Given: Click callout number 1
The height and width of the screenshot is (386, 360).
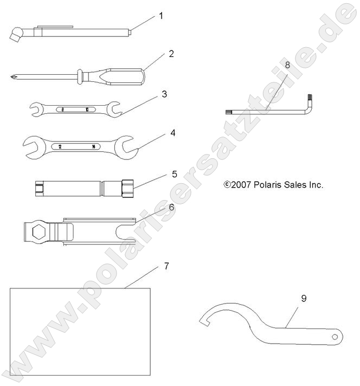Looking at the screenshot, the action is point(160,16).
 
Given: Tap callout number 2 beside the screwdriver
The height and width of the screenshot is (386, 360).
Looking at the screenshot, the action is point(171,54).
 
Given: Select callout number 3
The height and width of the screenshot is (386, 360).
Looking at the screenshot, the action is point(164,94).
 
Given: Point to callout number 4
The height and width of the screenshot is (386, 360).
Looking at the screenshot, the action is point(172,132).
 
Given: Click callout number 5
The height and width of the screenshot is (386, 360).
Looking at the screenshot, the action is point(174,174).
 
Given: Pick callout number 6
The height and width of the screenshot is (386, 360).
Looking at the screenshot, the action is point(171,208).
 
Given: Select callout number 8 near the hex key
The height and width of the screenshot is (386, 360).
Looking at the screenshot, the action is point(287,64).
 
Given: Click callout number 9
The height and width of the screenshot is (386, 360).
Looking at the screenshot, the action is point(304,298).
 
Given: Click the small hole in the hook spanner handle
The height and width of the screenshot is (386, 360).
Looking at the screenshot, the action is point(335,337).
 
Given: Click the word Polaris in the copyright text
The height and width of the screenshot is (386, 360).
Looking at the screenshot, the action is point(263,185).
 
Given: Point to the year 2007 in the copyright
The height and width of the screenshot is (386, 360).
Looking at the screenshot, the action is point(240,185).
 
